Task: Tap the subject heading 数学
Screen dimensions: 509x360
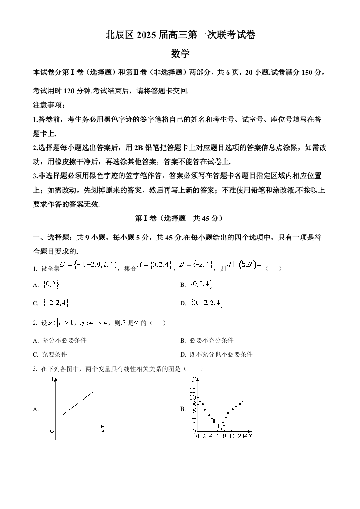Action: [180, 54]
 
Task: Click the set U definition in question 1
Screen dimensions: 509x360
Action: [89, 264]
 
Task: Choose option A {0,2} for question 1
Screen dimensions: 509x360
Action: [50, 284]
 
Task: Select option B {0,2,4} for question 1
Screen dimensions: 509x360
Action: [202, 284]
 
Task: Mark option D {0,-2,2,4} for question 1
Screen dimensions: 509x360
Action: [207, 303]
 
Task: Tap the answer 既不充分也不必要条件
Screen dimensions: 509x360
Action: [221, 354]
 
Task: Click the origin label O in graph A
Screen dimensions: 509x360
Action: [52, 431]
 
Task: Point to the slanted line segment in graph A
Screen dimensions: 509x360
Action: [78, 403]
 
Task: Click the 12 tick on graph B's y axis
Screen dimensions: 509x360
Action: [192, 391]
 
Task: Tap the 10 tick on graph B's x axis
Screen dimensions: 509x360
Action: [232, 436]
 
